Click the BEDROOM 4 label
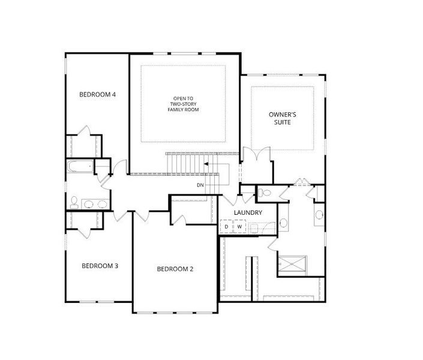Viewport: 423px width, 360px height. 97,94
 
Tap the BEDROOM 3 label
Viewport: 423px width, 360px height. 100,266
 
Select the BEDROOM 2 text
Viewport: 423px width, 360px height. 175,269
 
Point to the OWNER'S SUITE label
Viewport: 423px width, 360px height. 283,118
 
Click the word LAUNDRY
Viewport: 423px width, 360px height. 248,212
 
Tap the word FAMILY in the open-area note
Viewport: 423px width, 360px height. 176,110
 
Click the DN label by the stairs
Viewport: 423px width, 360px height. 200,185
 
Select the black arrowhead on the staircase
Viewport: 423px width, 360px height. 206,164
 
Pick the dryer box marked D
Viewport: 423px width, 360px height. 226,227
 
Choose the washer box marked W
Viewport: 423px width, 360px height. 239,227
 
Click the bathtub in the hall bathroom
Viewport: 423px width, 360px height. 80,166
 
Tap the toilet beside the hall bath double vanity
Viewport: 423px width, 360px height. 74,202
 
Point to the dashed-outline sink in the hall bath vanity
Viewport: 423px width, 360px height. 102,204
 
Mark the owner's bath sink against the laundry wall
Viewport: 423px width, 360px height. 283,223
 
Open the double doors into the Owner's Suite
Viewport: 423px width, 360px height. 257,154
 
